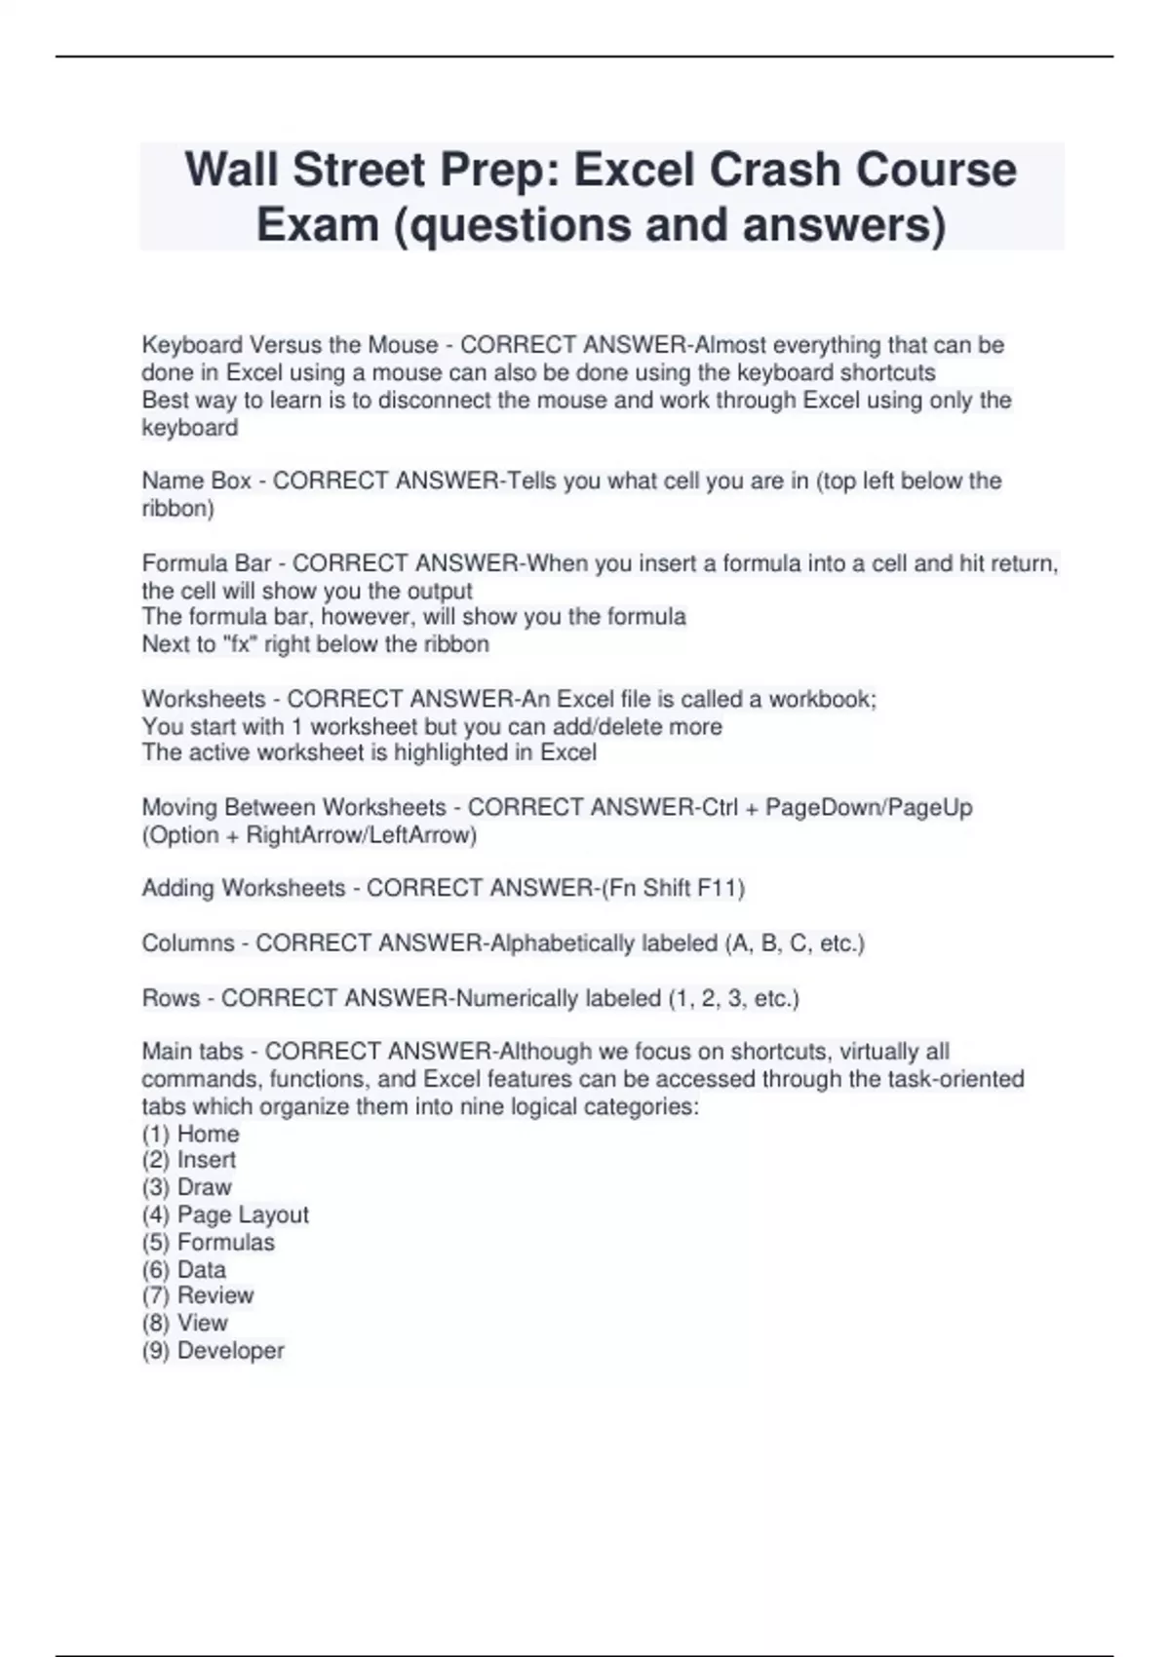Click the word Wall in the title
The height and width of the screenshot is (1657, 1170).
click(231, 170)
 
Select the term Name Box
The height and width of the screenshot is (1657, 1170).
click(196, 481)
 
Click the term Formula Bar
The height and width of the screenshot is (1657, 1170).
click(206, 563)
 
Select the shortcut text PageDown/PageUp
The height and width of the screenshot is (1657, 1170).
click(869, 807)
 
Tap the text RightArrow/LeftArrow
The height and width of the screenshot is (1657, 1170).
click(361, 835)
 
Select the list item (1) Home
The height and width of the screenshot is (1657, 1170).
click(190, 1134)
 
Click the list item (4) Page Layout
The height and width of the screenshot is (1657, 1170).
click(224, 1214)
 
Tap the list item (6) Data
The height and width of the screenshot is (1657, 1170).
click(183, 1269)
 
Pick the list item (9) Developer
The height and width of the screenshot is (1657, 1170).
click(213, 1351)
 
